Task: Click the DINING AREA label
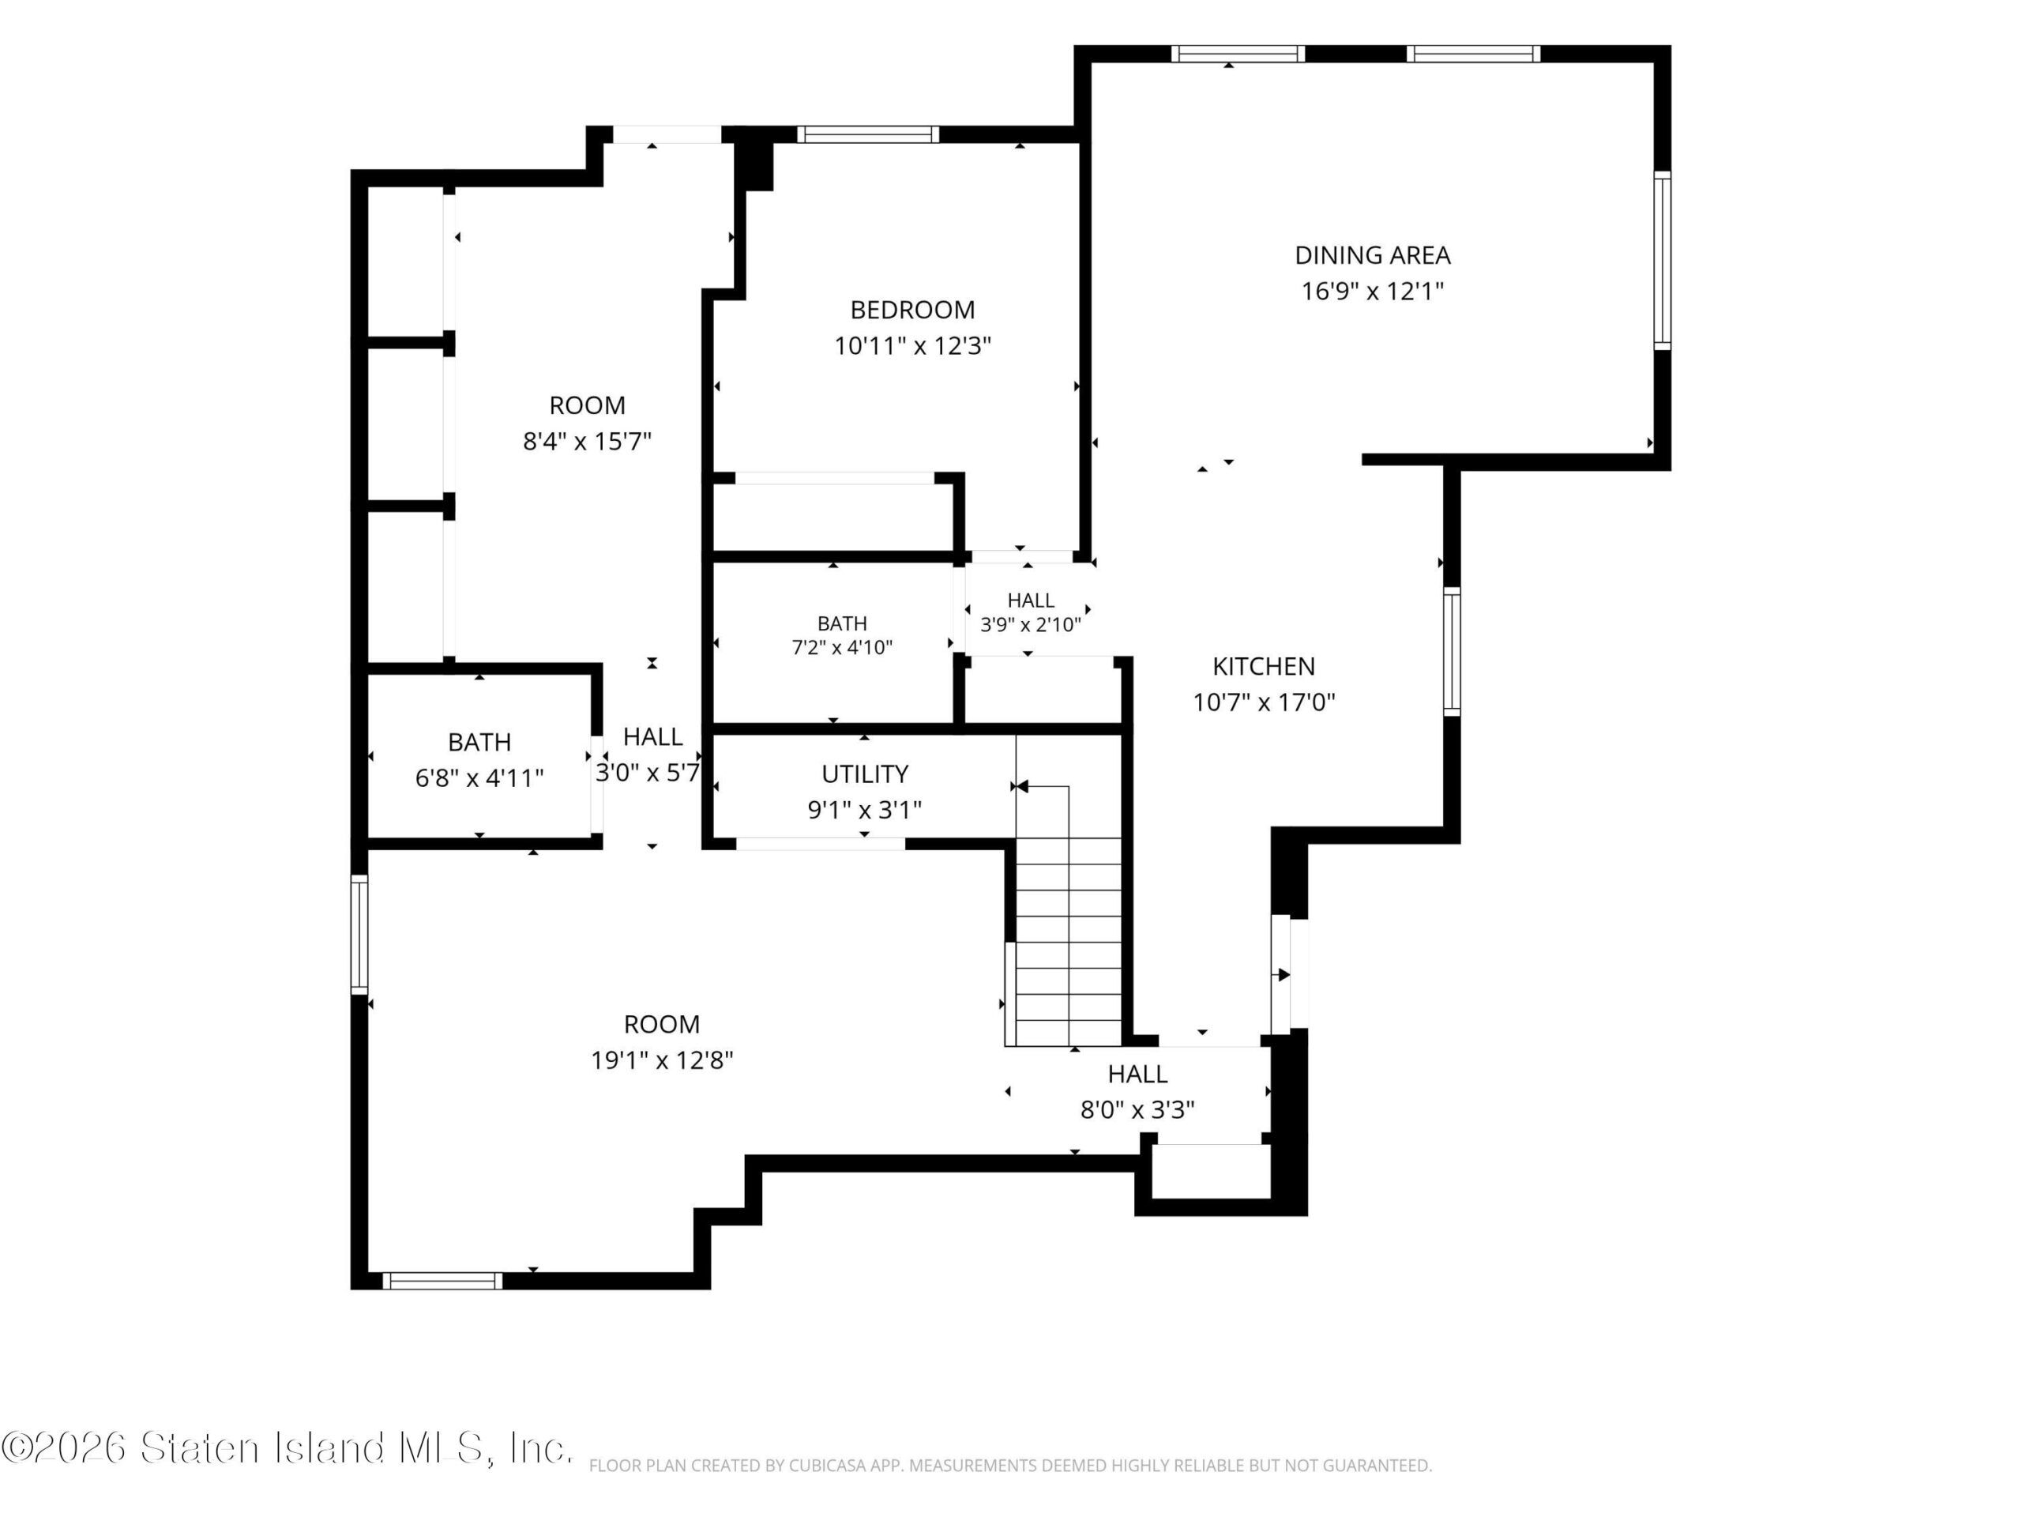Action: [x=1372, y=255]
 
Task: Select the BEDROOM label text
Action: [x=912, y=310]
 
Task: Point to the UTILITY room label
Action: [x=865, y=774]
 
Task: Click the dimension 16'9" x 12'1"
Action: [x=1372, y=291]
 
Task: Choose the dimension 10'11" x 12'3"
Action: [x=912, y=345]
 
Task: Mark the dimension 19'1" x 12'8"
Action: [x=662, y=1060]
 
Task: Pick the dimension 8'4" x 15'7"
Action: [x=587, y=442]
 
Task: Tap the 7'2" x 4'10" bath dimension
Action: [x=842, y=647]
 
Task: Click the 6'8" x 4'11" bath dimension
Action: [x=479, y=778]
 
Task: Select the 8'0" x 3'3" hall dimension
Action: [x=1137, y=1109]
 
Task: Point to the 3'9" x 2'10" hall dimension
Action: [x=1030, y=624]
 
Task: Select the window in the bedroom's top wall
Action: [x=867, y=134]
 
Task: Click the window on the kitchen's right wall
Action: [x=1452, y=651]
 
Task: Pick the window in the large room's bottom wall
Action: [x=442, y=1280]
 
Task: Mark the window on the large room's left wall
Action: [x=359, y=934]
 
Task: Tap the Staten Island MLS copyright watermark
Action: [x=287, y=1447]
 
